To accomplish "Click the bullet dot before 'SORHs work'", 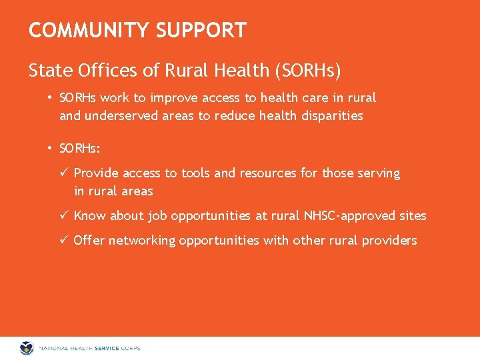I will (x=50, y=97).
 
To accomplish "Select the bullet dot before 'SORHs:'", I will (x=50, y=147).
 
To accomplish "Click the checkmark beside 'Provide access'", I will (x=65, y=173).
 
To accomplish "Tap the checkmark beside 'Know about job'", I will (x=65, y=215).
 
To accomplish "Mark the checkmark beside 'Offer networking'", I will (x=65, y=240).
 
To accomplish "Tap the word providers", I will (x=389, y=241).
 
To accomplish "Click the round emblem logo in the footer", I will (x=27, y=348).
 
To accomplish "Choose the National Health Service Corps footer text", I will (x=89, y=348).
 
